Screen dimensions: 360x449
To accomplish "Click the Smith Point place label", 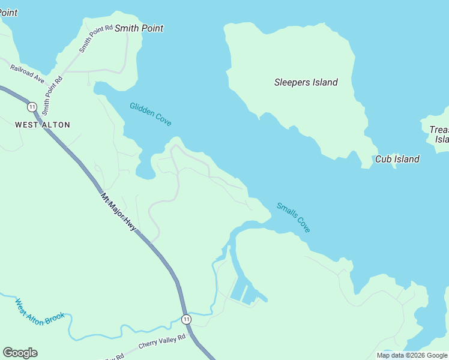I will point(139,28).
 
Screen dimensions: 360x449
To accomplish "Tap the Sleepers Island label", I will point(306,82).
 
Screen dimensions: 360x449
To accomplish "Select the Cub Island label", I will point(397,159).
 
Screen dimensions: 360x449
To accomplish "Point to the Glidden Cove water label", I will point(151,114).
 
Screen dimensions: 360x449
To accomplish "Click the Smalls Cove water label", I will point(294,217).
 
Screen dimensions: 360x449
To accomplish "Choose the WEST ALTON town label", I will point(43,125).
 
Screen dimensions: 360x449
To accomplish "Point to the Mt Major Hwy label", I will point(118,212).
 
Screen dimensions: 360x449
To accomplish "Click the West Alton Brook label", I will point(40,313).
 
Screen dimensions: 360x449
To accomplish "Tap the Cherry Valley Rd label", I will point(162,343).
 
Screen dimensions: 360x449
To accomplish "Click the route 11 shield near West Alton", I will point(31,106).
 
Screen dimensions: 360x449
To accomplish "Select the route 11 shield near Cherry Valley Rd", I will point(187,319).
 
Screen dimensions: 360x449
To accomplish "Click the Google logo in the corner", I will point(20,353).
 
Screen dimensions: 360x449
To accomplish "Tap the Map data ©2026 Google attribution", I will point(412,355).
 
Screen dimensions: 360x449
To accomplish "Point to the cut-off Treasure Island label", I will point(439,134).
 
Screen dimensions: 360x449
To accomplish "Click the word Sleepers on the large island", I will point(291,82).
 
